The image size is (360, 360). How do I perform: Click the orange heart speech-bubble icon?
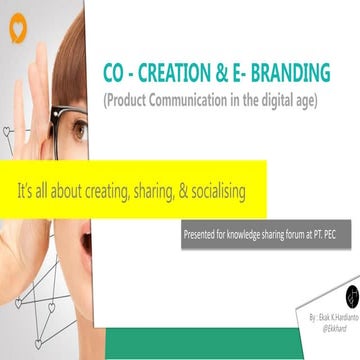pyautogui.click(x=17, y=31)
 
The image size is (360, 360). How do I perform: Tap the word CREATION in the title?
pyautogui.click(x=175, y=73)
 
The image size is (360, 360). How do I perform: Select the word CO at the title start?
pyautogui.click(x=115, y=73)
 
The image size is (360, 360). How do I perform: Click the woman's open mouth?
pyautogui.click(x=87, y=241)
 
